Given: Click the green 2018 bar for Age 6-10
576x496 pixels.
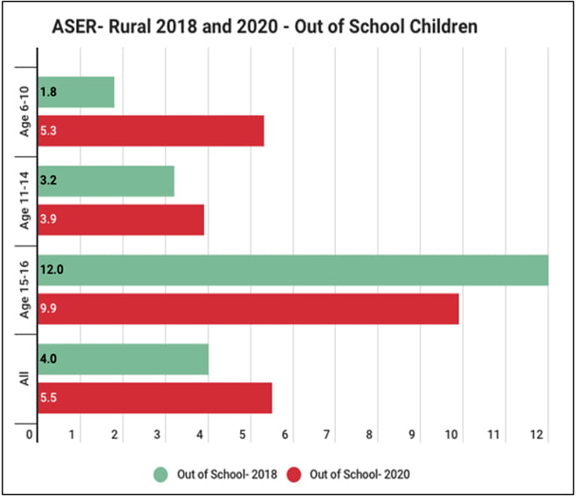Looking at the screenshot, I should [x=77, y=92].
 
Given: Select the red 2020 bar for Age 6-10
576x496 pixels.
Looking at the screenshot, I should [x=151, y=131].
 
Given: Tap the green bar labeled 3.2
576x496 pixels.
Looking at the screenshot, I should [x=106, y=181].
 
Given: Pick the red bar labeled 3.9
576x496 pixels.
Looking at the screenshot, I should [x=121, y=218].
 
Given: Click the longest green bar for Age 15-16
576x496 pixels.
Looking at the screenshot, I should [x=293, y=270].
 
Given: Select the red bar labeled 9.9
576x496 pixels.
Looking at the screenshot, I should [x=249, y=308].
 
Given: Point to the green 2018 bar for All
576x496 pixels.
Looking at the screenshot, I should [x=124, y=358].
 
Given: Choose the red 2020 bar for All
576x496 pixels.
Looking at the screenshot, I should [x=155, y=397].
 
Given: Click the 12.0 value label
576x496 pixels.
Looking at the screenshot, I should [x=51, y=270].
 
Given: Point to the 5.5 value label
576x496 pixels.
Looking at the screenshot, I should [x=48, y=397].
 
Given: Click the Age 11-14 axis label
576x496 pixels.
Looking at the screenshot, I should [x=26, y=199].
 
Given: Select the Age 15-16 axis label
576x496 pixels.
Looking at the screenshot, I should [x=26, y=289].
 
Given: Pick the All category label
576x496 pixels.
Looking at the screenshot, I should [x=26, y=377].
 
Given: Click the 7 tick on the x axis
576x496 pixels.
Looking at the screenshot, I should [x=326, y=434].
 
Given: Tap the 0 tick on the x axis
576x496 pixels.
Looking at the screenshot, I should [x=30, y=434].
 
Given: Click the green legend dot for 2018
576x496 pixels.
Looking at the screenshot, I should [x=159, y=474].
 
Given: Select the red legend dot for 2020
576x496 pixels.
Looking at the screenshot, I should [x=294, y=474].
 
